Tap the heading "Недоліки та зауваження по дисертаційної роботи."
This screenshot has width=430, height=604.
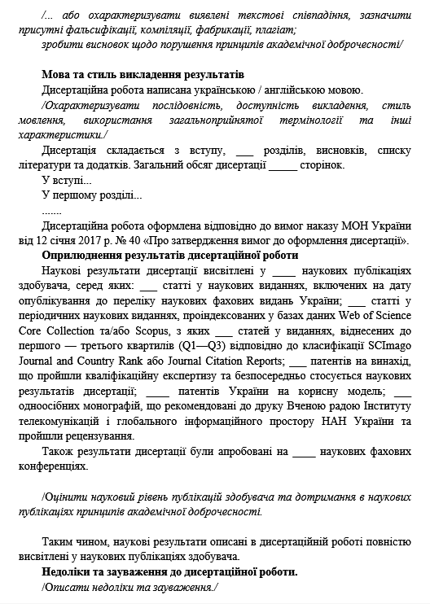point(169,571)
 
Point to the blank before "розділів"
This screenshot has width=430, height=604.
point(244,151)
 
